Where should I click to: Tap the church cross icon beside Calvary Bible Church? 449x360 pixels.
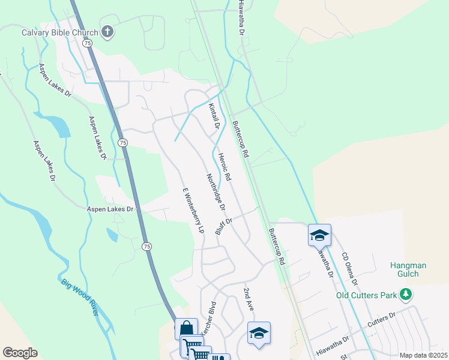(x=107, y=32)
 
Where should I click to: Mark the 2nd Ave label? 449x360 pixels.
(x=249, y=299)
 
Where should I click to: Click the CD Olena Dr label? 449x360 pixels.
(x=350, y=269)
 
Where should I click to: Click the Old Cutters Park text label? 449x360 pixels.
(x=367, y=295)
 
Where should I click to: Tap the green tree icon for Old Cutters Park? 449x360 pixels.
(x=406, y=294)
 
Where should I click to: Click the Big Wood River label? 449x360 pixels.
(x=79, y=297)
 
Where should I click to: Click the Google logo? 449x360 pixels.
(x=20, y=353)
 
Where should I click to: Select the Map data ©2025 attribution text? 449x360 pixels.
(x=423, y=355)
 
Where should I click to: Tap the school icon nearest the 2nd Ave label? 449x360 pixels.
(x=259, y=333)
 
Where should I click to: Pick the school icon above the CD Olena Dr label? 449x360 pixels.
(x=319, y=235)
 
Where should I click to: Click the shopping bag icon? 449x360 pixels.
(x=186, y=329)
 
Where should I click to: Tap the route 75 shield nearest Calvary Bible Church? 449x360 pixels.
(x=88, y=44)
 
